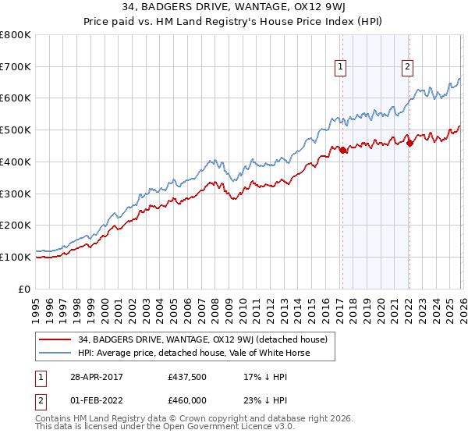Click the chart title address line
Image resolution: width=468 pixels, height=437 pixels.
pyautogui.click(x=234, y=7)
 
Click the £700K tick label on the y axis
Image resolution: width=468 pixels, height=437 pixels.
pyautogui.click(x=16, y=67)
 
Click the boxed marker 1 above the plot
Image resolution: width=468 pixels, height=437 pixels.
pyautogui.click(x=342, y=68)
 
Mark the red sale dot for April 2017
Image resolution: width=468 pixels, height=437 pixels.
pyautogui.click(x=342, y=150)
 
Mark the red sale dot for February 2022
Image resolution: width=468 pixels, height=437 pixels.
pyautogui.click(x=409, y=142)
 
